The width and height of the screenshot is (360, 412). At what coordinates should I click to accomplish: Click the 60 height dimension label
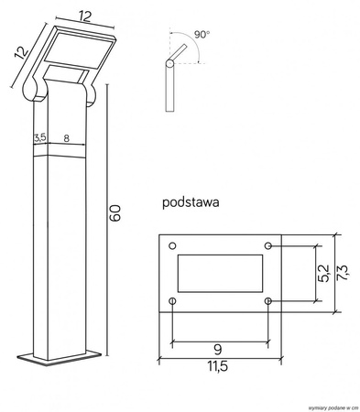115,213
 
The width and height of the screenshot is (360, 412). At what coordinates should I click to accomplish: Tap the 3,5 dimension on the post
40,138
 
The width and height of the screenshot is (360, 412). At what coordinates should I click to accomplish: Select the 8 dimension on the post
67,138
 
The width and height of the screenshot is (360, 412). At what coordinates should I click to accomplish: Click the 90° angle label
202,34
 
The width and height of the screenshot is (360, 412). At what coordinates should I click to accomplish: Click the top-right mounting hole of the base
267,245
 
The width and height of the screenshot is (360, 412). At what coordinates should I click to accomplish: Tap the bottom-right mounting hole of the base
267,300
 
